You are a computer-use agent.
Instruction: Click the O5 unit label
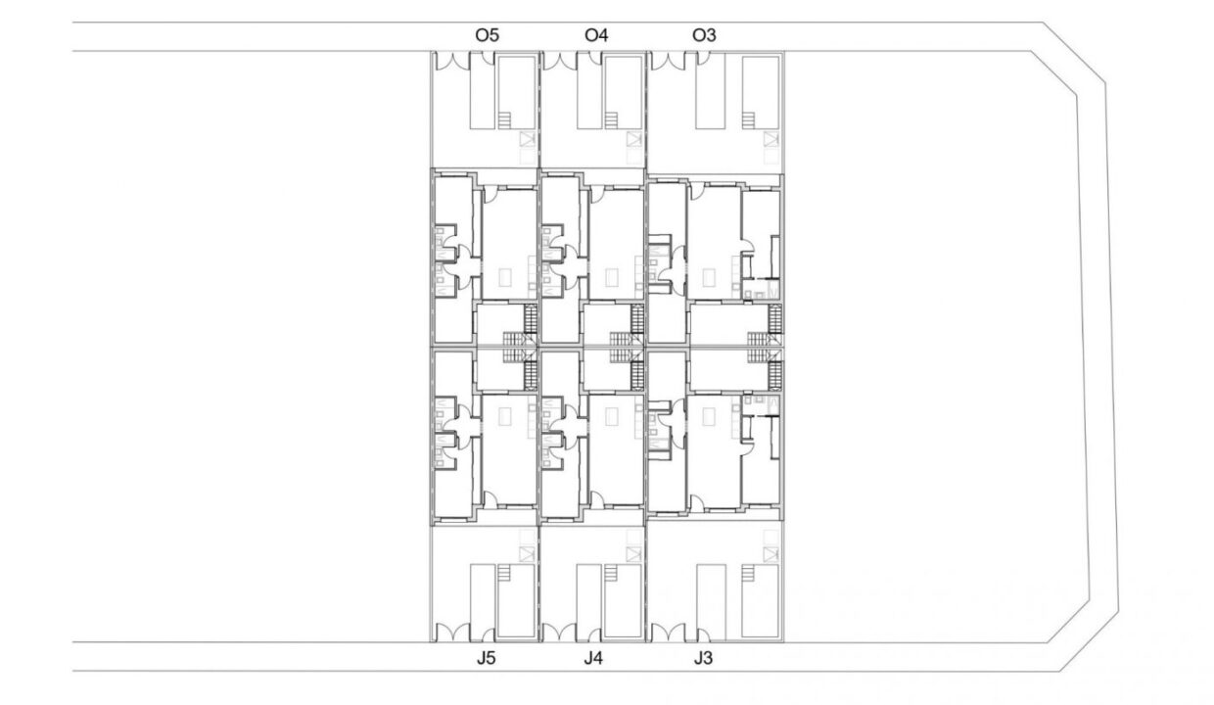(x=487, y=35)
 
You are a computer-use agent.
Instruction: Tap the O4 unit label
(x=596, y=35)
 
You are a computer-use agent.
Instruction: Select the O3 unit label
(x=704, y=35)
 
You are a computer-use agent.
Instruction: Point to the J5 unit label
(x=487, y=658)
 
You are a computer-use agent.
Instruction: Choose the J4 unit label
(x=593, y=658)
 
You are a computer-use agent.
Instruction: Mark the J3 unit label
(x=703, y=658)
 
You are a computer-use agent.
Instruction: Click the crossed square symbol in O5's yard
(x=527, y=139)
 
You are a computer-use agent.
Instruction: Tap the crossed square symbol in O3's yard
(x=771, y=139)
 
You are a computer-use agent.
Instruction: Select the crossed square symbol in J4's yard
(x=633, y=554)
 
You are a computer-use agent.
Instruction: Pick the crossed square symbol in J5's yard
(x=527, y=554)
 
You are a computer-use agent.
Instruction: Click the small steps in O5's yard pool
(x=504, y=119)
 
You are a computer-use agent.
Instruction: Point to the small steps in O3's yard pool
(x=748, y=119)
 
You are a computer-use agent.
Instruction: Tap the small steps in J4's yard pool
(x=611, y=573)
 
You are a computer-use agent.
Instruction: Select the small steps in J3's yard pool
(x=748, y=573)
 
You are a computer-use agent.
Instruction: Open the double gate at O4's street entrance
(x=559, y=61)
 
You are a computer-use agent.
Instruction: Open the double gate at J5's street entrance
(x=452, y=633)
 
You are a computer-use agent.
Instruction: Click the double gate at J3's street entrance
(x=668, y=633)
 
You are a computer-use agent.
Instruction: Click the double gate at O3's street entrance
(x=668, y=61)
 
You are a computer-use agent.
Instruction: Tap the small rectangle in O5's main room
(x=505, y=278)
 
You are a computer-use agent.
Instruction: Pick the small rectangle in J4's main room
(x=612, y=416)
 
